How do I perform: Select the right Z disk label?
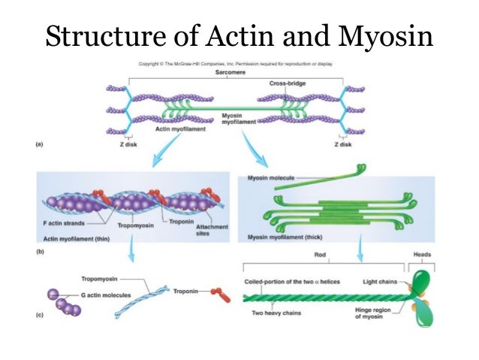(345, 145)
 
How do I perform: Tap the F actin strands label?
(65, 223)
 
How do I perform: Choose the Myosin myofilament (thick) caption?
(283, 237)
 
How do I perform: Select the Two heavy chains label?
(278, 314)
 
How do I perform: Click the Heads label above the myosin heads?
(423, 255)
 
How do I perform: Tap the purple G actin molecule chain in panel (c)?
(66, 302)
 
